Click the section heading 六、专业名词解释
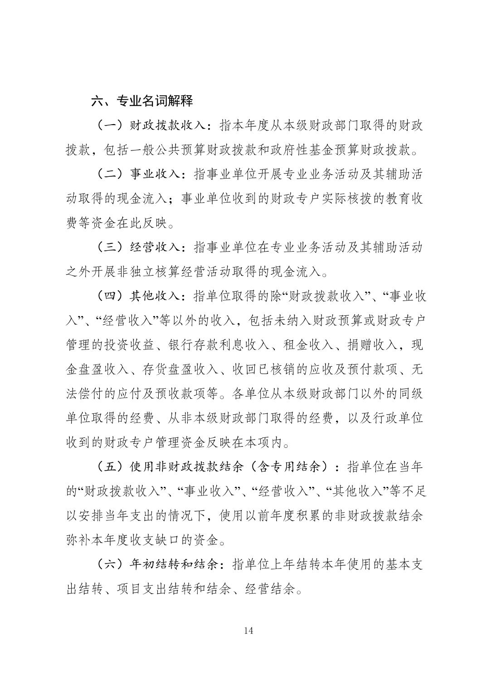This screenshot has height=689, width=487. click(142, 101)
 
